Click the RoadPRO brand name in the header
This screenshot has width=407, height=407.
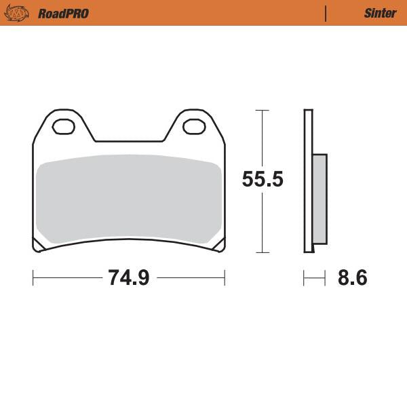[63, 13]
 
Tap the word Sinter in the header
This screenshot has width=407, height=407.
[380, 13]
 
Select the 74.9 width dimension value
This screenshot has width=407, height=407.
[128, 277]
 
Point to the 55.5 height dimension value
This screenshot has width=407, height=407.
[263, 180]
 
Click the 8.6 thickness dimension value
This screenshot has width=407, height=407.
[352, 277]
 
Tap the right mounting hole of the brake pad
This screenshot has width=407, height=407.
[193, 126]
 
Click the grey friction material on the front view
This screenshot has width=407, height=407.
[128, 200]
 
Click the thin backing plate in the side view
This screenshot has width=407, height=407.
[308, 180]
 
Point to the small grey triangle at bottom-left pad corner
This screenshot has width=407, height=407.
[40, 246]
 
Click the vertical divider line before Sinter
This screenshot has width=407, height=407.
[326, 13]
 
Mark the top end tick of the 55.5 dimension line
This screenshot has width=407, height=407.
[263, 109]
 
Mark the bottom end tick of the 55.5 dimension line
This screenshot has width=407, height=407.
[263, 252]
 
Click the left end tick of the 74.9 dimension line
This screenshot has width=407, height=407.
[33, 277]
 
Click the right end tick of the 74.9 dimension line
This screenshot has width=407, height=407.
[225, 277]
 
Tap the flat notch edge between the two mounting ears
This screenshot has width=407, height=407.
[128, 142]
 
